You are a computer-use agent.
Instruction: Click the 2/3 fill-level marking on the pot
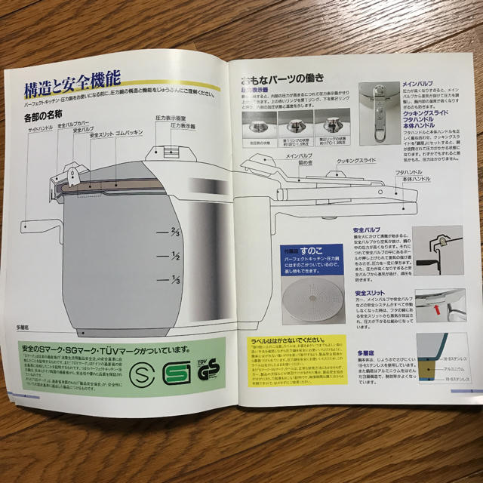coord(175,232)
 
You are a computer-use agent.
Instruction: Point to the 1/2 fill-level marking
coord(175,256)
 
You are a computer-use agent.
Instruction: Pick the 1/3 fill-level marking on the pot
coord(175,279)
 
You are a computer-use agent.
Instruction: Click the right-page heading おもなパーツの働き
coord(281,78)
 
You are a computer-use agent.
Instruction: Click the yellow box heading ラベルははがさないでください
coord(291,340)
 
